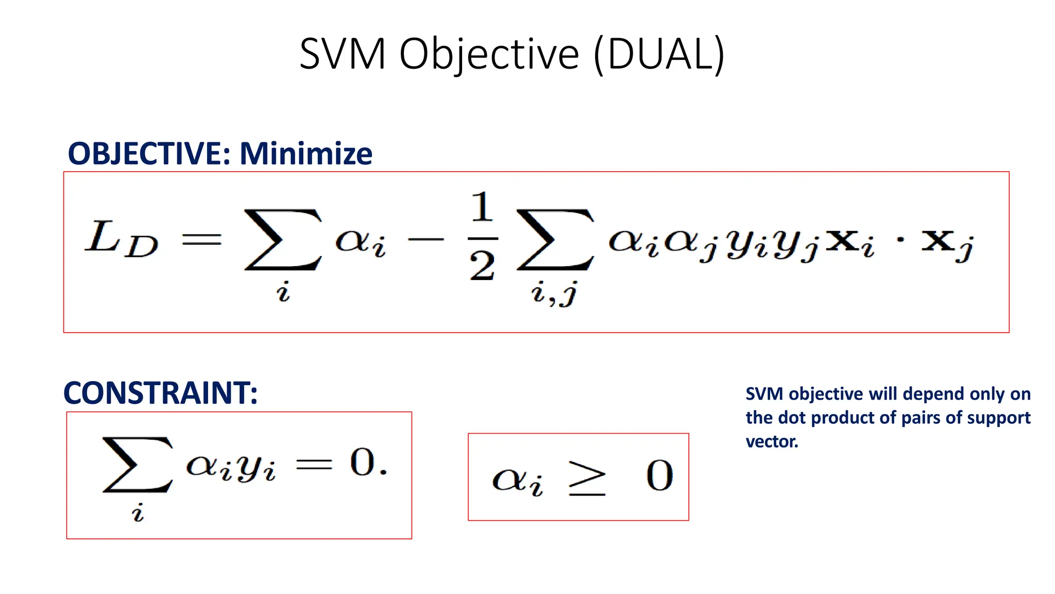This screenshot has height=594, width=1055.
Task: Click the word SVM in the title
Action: (x=342, y=54)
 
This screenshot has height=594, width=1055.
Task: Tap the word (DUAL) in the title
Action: (x=659, y=54)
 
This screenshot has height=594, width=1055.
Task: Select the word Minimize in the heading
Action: (x=306, y=154)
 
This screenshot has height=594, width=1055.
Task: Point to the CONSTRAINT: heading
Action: (x=160, y=393)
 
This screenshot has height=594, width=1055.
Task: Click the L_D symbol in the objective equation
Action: (x=122, y=238)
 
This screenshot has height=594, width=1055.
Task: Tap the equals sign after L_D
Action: (x=201, y=239)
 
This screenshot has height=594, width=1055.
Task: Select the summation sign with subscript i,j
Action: (x=555, y=240)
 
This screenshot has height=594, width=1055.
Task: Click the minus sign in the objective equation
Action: (x=426, y=239)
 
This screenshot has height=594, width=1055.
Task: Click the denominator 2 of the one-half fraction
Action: (x=482, y=267)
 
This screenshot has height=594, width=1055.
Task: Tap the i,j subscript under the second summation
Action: (x=554, y=294)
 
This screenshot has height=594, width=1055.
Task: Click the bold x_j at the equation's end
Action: (x=947, y=243)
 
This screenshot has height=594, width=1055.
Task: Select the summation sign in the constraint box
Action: (x=138, y=465)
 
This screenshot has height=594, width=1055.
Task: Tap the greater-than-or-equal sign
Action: (x=587, y=478)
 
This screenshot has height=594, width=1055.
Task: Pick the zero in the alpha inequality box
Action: (x=659, y=475)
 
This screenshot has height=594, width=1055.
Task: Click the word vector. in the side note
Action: (x=772, y=441)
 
